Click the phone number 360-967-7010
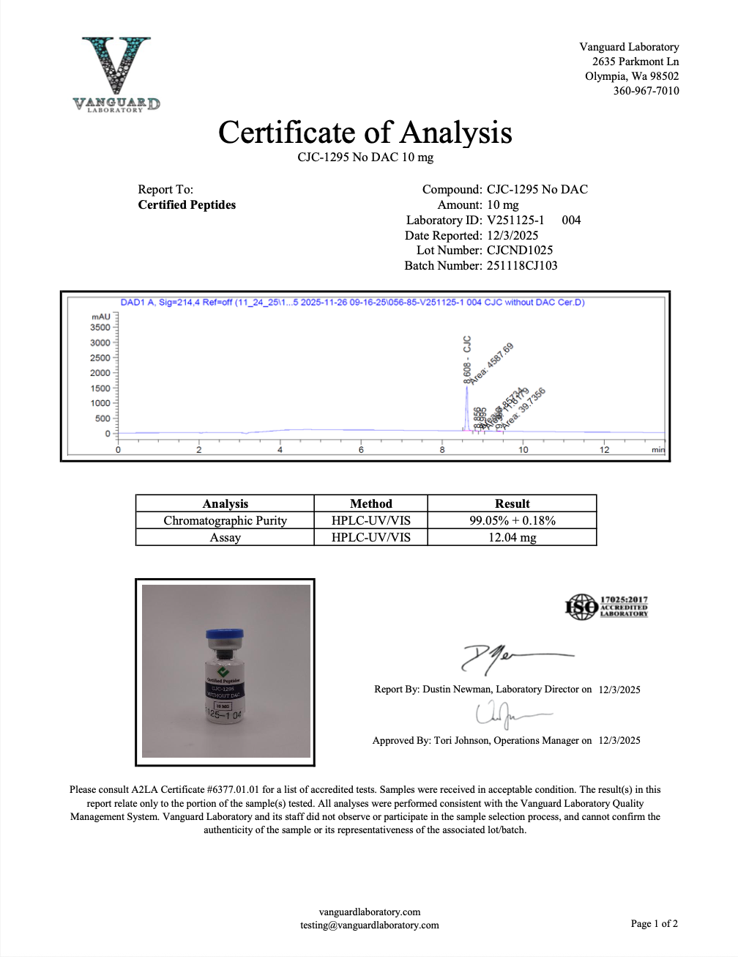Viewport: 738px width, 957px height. [x=646, y=91]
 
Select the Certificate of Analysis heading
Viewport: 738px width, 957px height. [x=365, y=133]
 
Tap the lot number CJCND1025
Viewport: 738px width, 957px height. [x=520, y=250]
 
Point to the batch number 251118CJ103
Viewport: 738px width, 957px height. [x=522, y=265]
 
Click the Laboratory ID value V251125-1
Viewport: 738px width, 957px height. [x=515, y=220]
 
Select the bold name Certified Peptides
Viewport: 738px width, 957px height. [x=187, y=205]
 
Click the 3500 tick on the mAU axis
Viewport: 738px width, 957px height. [x=100, y=328]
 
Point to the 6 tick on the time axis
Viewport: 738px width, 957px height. [x=361, y=449]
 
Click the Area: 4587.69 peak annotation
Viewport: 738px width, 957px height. [x=491, y=363]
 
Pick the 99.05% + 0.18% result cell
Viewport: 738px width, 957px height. [x=512, y=520]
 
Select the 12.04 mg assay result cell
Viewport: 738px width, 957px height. [x=512, y=537]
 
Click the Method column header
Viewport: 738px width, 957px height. [x=370, y=503]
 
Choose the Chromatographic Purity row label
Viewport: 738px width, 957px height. [x=225, y=520]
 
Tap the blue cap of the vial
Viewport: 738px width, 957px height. [x=224, y=634]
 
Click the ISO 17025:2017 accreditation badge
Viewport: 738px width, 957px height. [x=606, y=607]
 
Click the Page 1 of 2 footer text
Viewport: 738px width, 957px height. [x=654, y=923]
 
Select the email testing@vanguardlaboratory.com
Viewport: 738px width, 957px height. [x=369, y=925]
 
